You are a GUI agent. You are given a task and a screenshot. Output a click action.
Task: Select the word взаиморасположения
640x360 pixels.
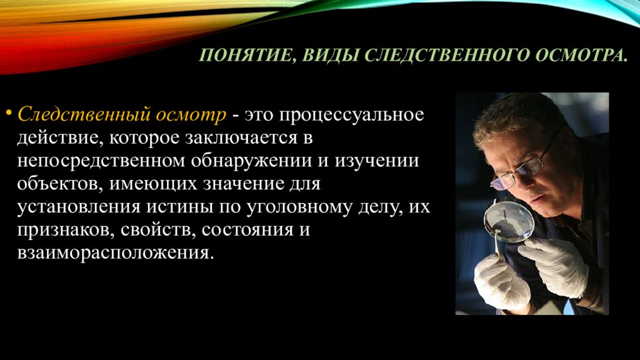115,253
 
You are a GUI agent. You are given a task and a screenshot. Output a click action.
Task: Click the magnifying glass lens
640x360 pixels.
509,221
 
